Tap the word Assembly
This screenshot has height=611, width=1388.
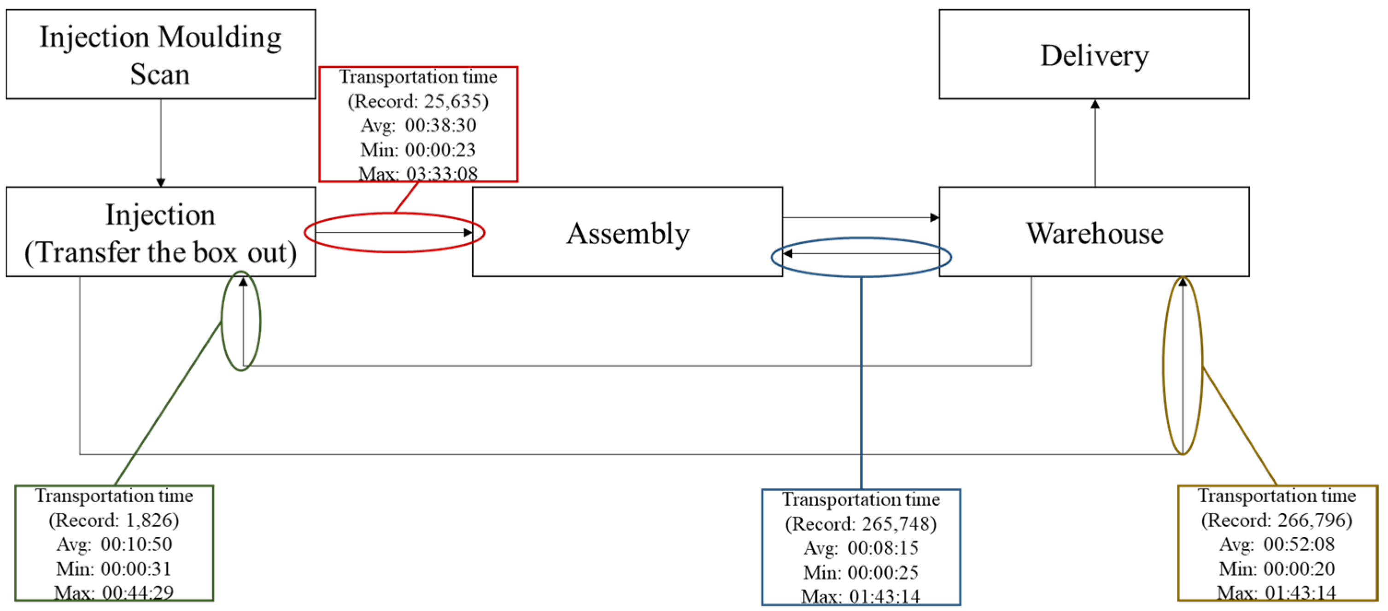point(628,233)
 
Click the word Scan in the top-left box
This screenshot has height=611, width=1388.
point(160,74)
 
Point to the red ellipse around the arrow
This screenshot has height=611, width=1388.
point(394,214)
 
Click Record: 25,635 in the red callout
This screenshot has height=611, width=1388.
point(418,101)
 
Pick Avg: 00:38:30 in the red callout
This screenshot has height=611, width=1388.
point(418,125)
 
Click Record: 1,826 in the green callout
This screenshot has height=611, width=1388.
point(114,520)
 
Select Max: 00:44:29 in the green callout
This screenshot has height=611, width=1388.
point(114,593)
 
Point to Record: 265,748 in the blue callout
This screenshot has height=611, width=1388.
point(861,524)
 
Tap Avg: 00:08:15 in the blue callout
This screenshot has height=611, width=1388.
point(861,548)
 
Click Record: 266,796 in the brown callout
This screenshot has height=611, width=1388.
point(1277,520)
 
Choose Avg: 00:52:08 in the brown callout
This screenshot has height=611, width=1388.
point(1277,544)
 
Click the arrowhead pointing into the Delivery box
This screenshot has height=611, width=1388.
point(1095,104)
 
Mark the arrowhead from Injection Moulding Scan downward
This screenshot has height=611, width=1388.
point(161,182)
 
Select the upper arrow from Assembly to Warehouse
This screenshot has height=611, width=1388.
point(861,217)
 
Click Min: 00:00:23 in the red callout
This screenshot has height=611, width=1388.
point(418,149)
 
